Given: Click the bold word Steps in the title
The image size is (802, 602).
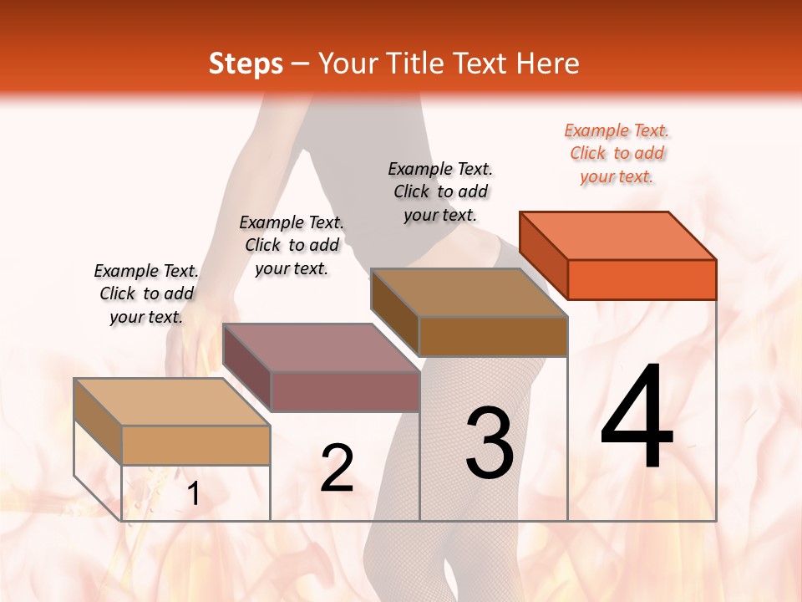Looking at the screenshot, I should [x=246, y=64].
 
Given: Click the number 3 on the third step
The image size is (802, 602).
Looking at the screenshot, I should [x=490, y=443].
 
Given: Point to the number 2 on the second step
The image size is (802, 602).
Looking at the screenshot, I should [x=337, y=468].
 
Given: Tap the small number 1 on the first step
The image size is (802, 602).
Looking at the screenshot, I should [x=194, y=494].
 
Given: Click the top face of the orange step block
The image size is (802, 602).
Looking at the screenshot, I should [x=618, y=236].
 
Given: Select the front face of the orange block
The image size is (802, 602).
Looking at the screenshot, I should [x=642, y=279].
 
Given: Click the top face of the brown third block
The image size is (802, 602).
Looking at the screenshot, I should [x=470, y=293].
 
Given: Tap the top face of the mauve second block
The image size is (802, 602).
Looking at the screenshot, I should [x=321, y=347].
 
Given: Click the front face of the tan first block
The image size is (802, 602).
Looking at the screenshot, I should [x=195, y=445].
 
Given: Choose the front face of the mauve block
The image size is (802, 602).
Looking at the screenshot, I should [x=344, y=391].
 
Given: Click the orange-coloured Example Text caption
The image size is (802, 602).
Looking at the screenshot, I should [x=617, y=153].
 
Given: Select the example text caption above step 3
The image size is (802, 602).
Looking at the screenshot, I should [x=440, y=191].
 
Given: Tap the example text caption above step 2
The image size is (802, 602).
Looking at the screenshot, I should [x=292, y=245].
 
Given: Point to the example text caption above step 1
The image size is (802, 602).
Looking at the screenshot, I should [x=146, y=293].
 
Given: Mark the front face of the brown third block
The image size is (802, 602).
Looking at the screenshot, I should [x=493, y=336].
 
